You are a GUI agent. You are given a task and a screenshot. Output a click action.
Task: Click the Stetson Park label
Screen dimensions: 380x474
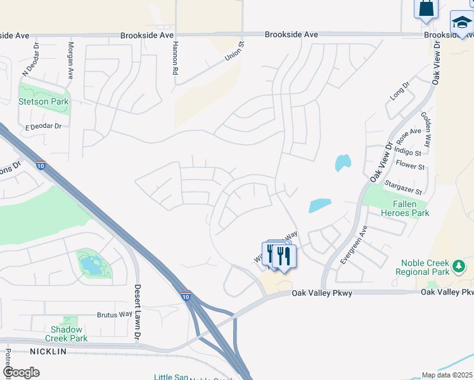click(43, 101)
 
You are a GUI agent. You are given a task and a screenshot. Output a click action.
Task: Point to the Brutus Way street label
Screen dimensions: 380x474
click(115, 314)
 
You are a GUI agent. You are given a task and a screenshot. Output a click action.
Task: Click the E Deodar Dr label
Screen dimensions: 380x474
click(43, 127)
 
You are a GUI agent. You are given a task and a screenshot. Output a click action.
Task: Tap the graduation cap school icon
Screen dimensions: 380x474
click(462, 23)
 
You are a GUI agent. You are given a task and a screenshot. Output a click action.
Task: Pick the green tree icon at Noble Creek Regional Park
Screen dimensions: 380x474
click(460, 269)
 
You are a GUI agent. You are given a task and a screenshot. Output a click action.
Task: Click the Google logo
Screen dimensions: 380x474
click(20, 372)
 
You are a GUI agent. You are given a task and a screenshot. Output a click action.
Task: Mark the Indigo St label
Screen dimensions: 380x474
click(408, 153)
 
